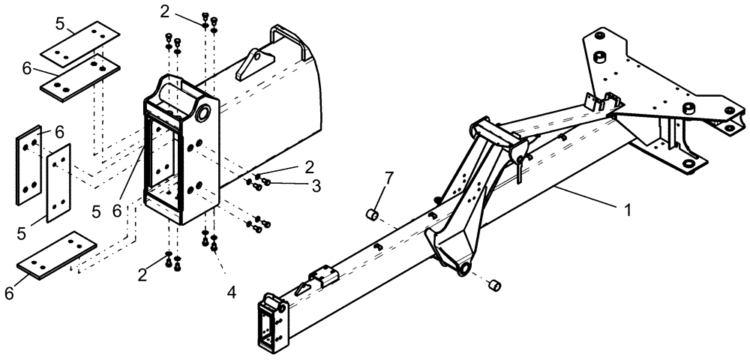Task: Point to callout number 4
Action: point(232,292)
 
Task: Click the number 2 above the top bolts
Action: point(164,11)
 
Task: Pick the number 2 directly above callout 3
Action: point(309,166)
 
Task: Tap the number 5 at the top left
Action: point(61,23)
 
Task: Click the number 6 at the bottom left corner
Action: point(9,293)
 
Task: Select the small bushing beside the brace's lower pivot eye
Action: point(493,286)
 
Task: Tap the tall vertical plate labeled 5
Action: point(58,182)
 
